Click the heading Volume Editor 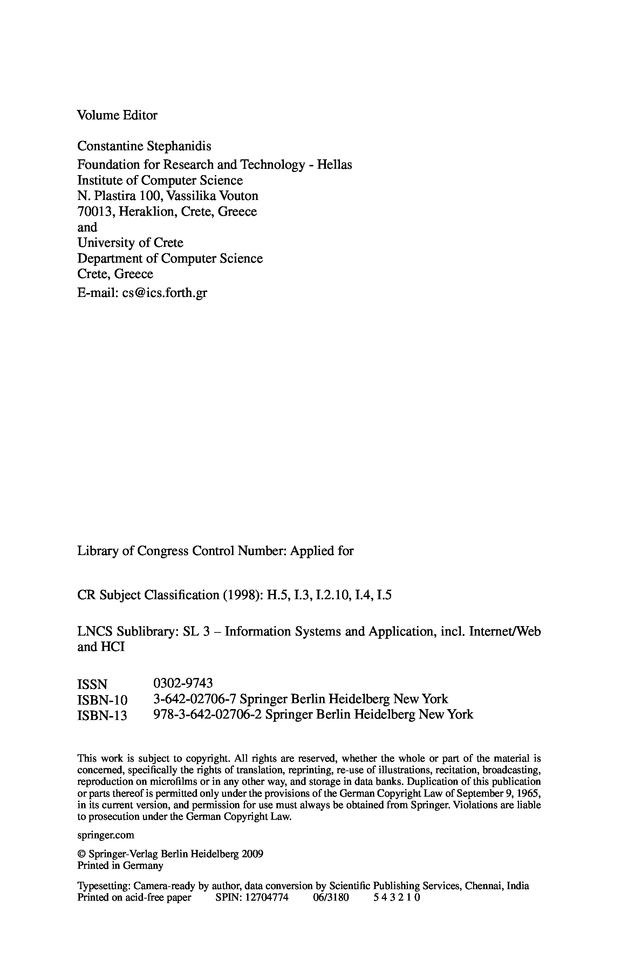tap(117, 115)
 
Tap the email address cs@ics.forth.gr tap(164, 292)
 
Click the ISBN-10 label tap(102, 700)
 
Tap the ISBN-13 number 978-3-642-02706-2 tap(207, 714)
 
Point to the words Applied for tap(322, 551)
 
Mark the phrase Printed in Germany tap(120, 866)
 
